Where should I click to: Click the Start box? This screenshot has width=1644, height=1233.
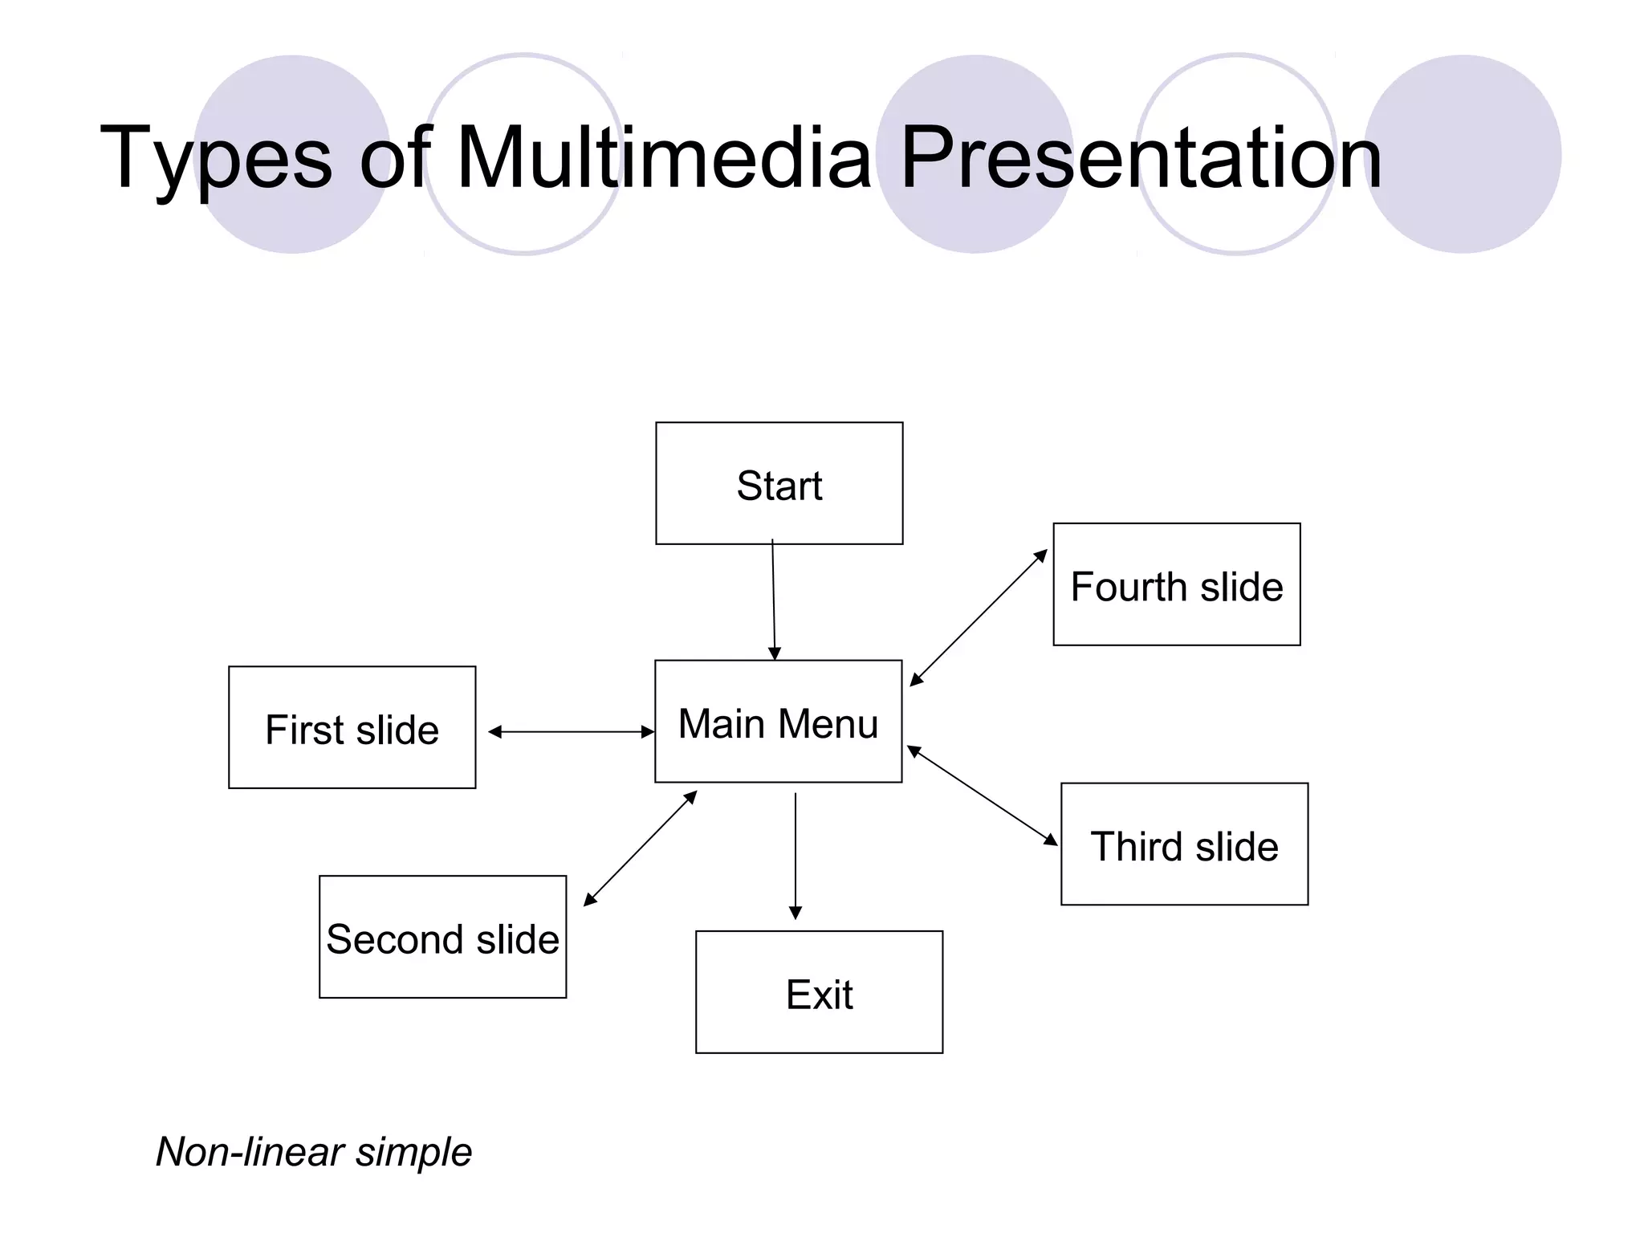[x=779, y=483]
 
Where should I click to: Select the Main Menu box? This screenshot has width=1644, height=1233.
[x=778, y=721]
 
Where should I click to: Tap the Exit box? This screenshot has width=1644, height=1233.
[x=819, y=992]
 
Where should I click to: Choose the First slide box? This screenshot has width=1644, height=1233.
[x=352, y=727]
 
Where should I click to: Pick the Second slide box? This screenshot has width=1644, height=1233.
[x=442, y=937]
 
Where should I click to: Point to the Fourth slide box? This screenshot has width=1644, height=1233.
[x=1176, y=584]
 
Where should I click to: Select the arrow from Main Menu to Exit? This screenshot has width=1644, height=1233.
[x=796, y=856]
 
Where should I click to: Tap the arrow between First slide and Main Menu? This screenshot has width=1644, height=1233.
[x=571, y=731]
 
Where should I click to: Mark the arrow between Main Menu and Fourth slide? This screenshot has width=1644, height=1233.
[x=979, y=617]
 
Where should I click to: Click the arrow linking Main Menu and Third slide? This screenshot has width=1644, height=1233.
[x=982, y=796]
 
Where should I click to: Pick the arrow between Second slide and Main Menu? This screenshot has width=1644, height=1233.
[x=640, y=848]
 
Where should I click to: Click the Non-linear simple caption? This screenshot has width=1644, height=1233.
[x=314, y=1152]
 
